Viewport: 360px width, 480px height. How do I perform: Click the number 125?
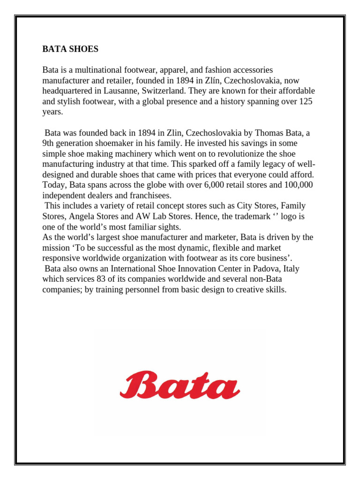(306, 101)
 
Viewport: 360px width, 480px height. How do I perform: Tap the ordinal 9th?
(49, 143)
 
